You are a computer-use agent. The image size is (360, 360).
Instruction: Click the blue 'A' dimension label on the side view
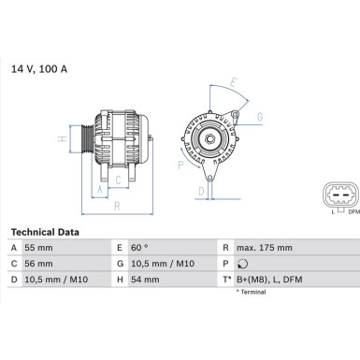click(100, 188)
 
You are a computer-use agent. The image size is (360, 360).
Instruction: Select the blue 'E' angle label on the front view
click(233, 81)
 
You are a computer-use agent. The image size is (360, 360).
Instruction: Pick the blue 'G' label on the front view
click(259, 116)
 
